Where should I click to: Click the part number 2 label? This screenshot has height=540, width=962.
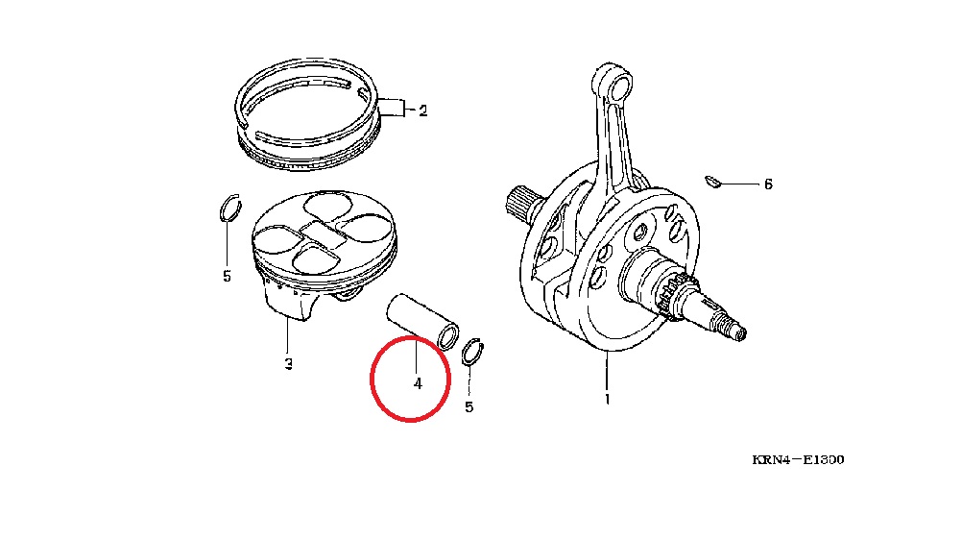pos(422,111)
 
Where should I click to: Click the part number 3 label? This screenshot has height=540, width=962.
pos(288,364)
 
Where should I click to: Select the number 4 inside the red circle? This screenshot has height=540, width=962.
pos(418,383)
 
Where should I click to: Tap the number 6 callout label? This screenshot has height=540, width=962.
pos(768,184)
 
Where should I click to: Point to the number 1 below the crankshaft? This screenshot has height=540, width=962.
pos(608,400)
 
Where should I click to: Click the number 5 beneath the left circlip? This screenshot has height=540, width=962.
pos(227,277)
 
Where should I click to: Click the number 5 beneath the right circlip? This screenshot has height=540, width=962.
pos(469,407)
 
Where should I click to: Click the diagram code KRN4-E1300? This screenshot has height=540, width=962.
pos(798,459)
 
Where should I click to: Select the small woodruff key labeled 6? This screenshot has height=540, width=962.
pos(712,182)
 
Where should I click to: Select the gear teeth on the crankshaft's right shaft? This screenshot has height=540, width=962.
pos(681,295)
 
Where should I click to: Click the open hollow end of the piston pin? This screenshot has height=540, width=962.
pos(448,337)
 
